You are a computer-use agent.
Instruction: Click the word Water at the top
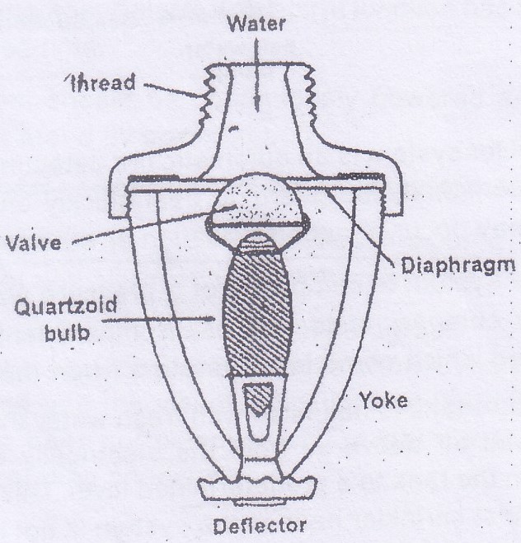point(256,24)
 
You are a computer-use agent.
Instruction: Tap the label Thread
point(102,82)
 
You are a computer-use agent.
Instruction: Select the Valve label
point(34,242)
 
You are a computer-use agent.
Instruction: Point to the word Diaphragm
point(458,267)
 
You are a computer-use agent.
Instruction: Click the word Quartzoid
point(66,307)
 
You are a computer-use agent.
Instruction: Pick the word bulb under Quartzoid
point(68,332)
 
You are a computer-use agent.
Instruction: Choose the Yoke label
point(383,400)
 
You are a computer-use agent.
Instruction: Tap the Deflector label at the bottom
point(260,526)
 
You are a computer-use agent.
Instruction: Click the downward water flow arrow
point(256,74)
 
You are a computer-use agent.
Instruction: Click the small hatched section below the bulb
point(257,398)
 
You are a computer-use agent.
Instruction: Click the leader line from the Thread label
point(172,90)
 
